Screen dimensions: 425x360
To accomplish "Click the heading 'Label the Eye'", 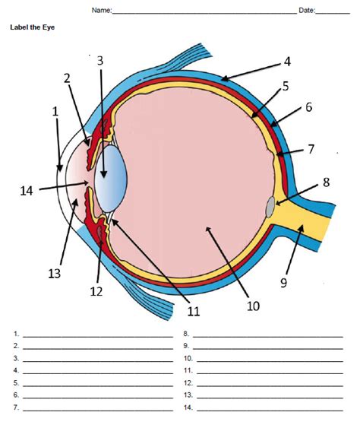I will (x=33, y=27).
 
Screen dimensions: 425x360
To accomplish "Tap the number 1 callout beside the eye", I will (x=55, y=111).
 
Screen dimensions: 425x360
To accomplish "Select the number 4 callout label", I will (x=287, y=61).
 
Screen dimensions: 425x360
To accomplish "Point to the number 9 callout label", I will (x=283, y=283).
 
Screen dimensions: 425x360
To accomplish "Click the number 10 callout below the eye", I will (x=253, y=306).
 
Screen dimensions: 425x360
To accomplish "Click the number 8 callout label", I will (x=326, y=182).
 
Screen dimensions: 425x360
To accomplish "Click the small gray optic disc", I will (x=271, y=205).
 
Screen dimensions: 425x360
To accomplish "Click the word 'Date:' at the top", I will (x=307, y=11).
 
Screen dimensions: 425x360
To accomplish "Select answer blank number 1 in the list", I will (x=98, y=335).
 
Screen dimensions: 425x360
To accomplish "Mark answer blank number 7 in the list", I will (x=98, y=407).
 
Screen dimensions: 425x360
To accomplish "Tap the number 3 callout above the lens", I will (x=99, y=61).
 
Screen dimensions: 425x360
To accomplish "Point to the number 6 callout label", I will (x=309, y=108).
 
